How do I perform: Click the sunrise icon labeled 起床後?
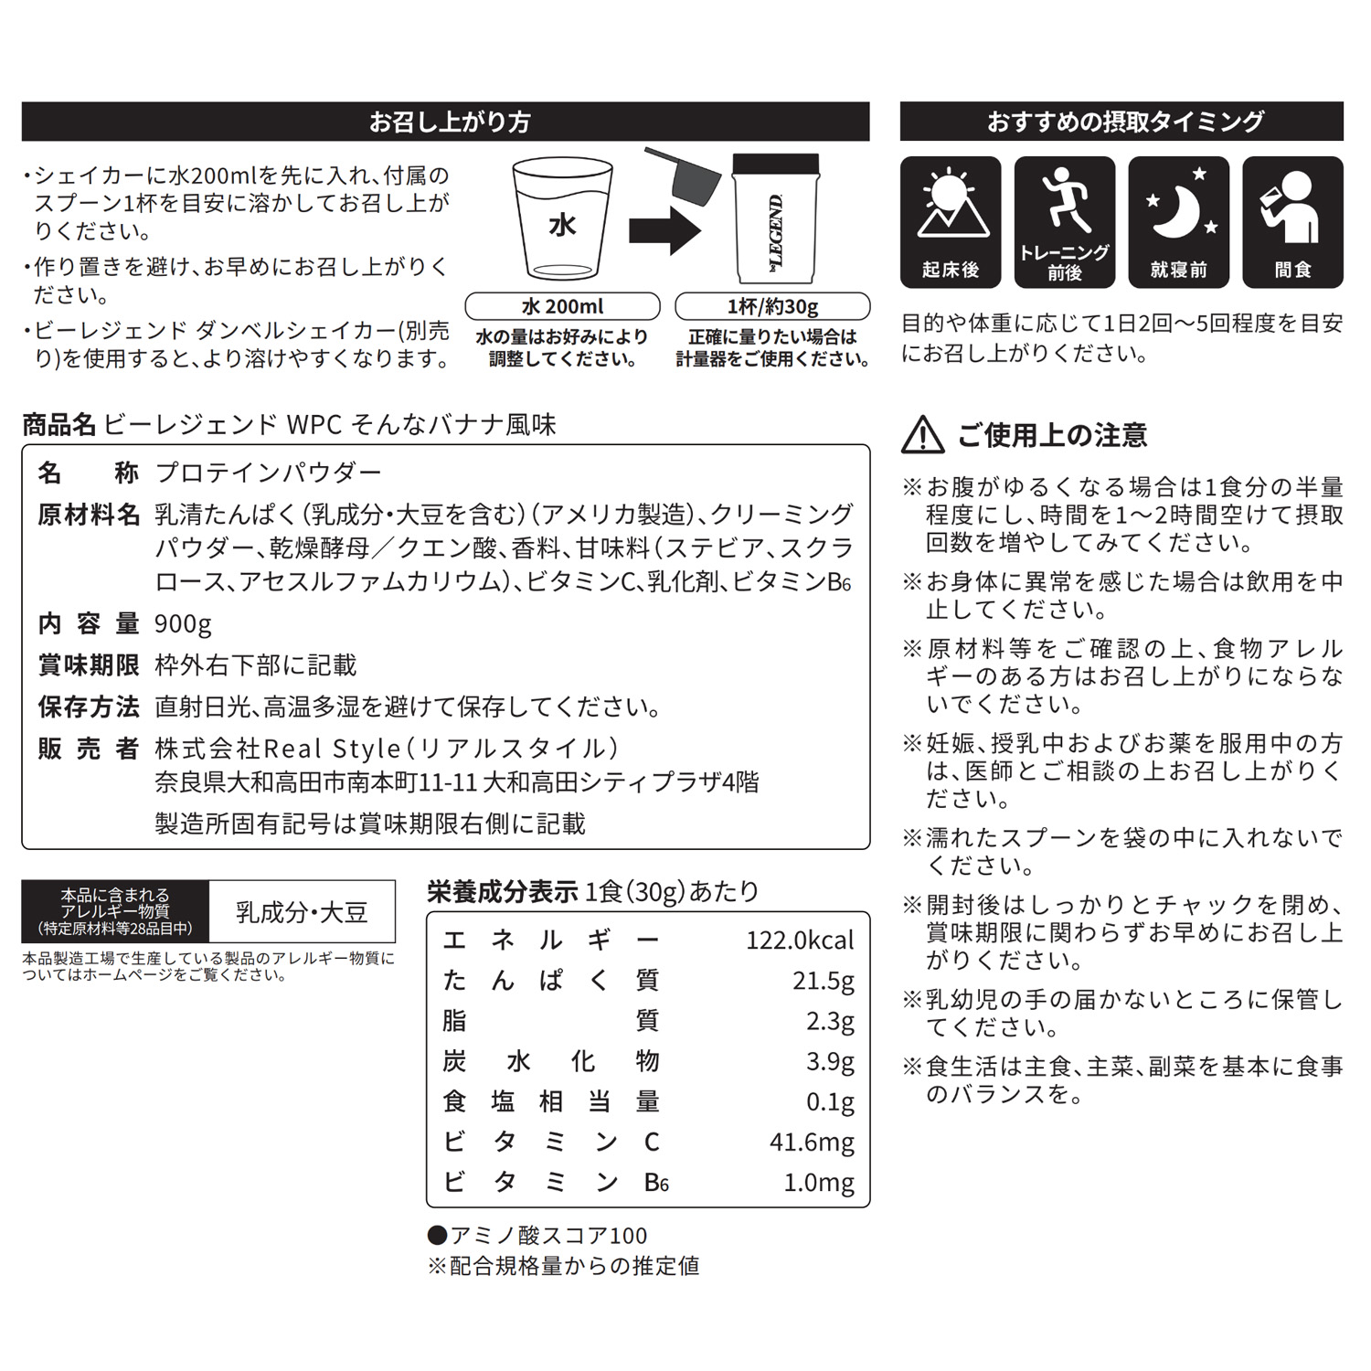click(951, 206)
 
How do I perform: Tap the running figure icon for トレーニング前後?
click(1065, 201)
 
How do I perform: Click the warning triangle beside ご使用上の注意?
click(923, 436)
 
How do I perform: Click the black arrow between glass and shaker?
click(664, 229)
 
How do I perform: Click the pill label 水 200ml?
click(562, 306)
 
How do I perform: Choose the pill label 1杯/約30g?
click(772, 306)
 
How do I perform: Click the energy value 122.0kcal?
click(800, 941)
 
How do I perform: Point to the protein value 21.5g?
click(823, 981)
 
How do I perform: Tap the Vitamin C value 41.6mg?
click(812, 1142)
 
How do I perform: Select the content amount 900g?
click(183, 624)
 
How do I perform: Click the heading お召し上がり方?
click(449, 122)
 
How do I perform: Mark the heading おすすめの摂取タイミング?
click(1124, 122)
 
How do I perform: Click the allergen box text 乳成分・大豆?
click(302, 912)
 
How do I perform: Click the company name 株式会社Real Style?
click(278, 749)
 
